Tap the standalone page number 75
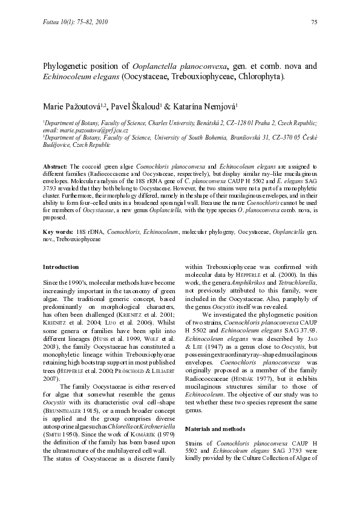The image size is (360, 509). coord(313,22)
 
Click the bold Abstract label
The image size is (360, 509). coord(55,166)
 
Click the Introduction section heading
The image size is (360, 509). coord(61,267)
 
